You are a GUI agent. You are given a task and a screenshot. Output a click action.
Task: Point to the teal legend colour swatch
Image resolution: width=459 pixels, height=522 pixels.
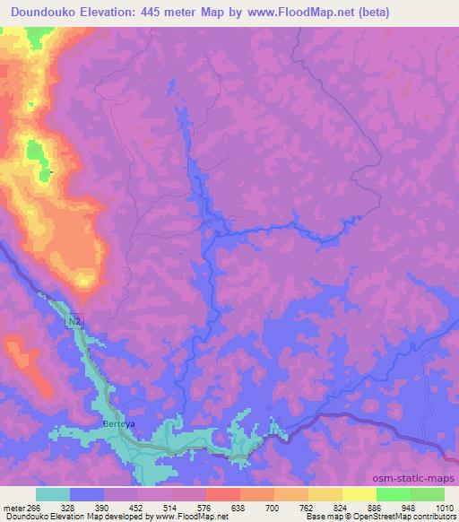pos(53,494)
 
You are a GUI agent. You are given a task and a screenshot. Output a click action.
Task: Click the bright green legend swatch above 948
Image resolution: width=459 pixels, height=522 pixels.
pos(394,494)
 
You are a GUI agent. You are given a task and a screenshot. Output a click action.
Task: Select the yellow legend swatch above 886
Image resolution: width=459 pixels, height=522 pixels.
pos(359,494)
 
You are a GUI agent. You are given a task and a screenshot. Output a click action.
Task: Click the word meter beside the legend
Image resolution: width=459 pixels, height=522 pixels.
pos(13,507)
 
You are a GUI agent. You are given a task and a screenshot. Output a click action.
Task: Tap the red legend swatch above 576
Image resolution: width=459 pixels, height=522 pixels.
pos(223,494)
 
